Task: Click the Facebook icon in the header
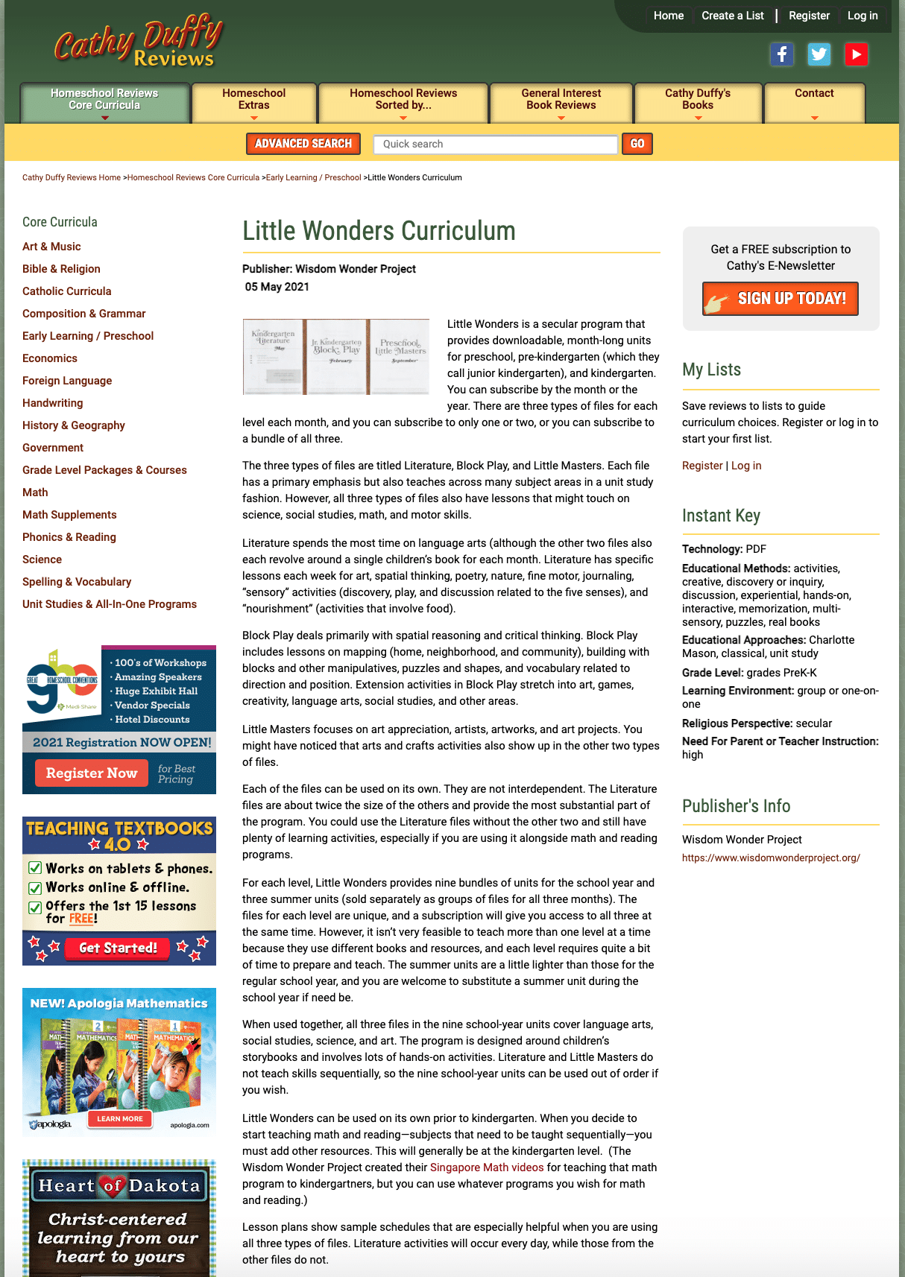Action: coord(781,54)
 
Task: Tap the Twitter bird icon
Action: coord(819,54)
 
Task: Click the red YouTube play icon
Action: coord(856,54)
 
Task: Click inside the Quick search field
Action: coord(495,144)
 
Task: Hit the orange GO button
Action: coord(637,144)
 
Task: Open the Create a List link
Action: coord(732,16)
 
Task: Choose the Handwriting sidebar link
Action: coord(53,403)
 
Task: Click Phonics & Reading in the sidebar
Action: coord(69,537)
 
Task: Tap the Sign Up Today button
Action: coord(781,299)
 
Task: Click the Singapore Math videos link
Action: coord(487,1167)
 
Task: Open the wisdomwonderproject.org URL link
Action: coord(771,858)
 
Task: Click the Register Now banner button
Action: coord(92,773)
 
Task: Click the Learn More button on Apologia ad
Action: coord(119,1118)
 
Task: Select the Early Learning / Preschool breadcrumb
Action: coord(313,177)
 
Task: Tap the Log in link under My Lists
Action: coord(746,466)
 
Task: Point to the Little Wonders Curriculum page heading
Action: coord(379,231)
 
